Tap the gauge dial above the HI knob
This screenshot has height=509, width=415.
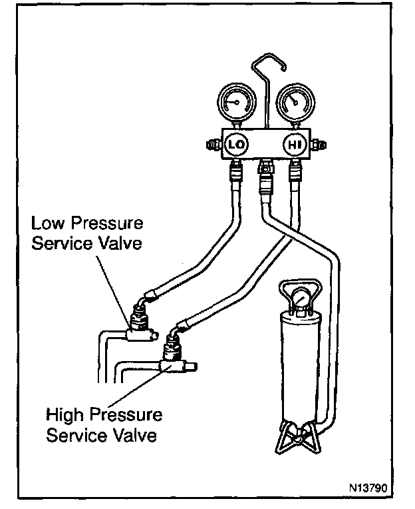coord(292,101)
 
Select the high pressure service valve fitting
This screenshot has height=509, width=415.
coord(172,354)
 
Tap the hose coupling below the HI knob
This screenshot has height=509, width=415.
coord(295,175)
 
